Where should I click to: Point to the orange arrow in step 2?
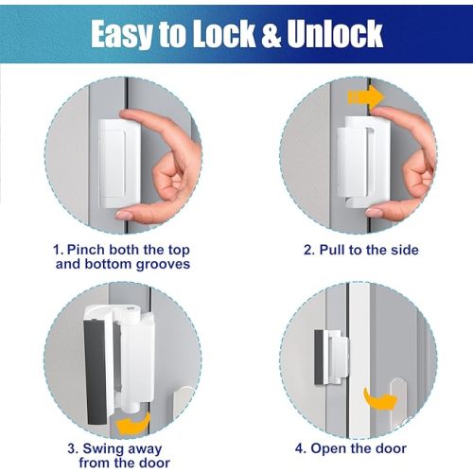365,96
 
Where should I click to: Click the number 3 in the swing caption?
71,447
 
